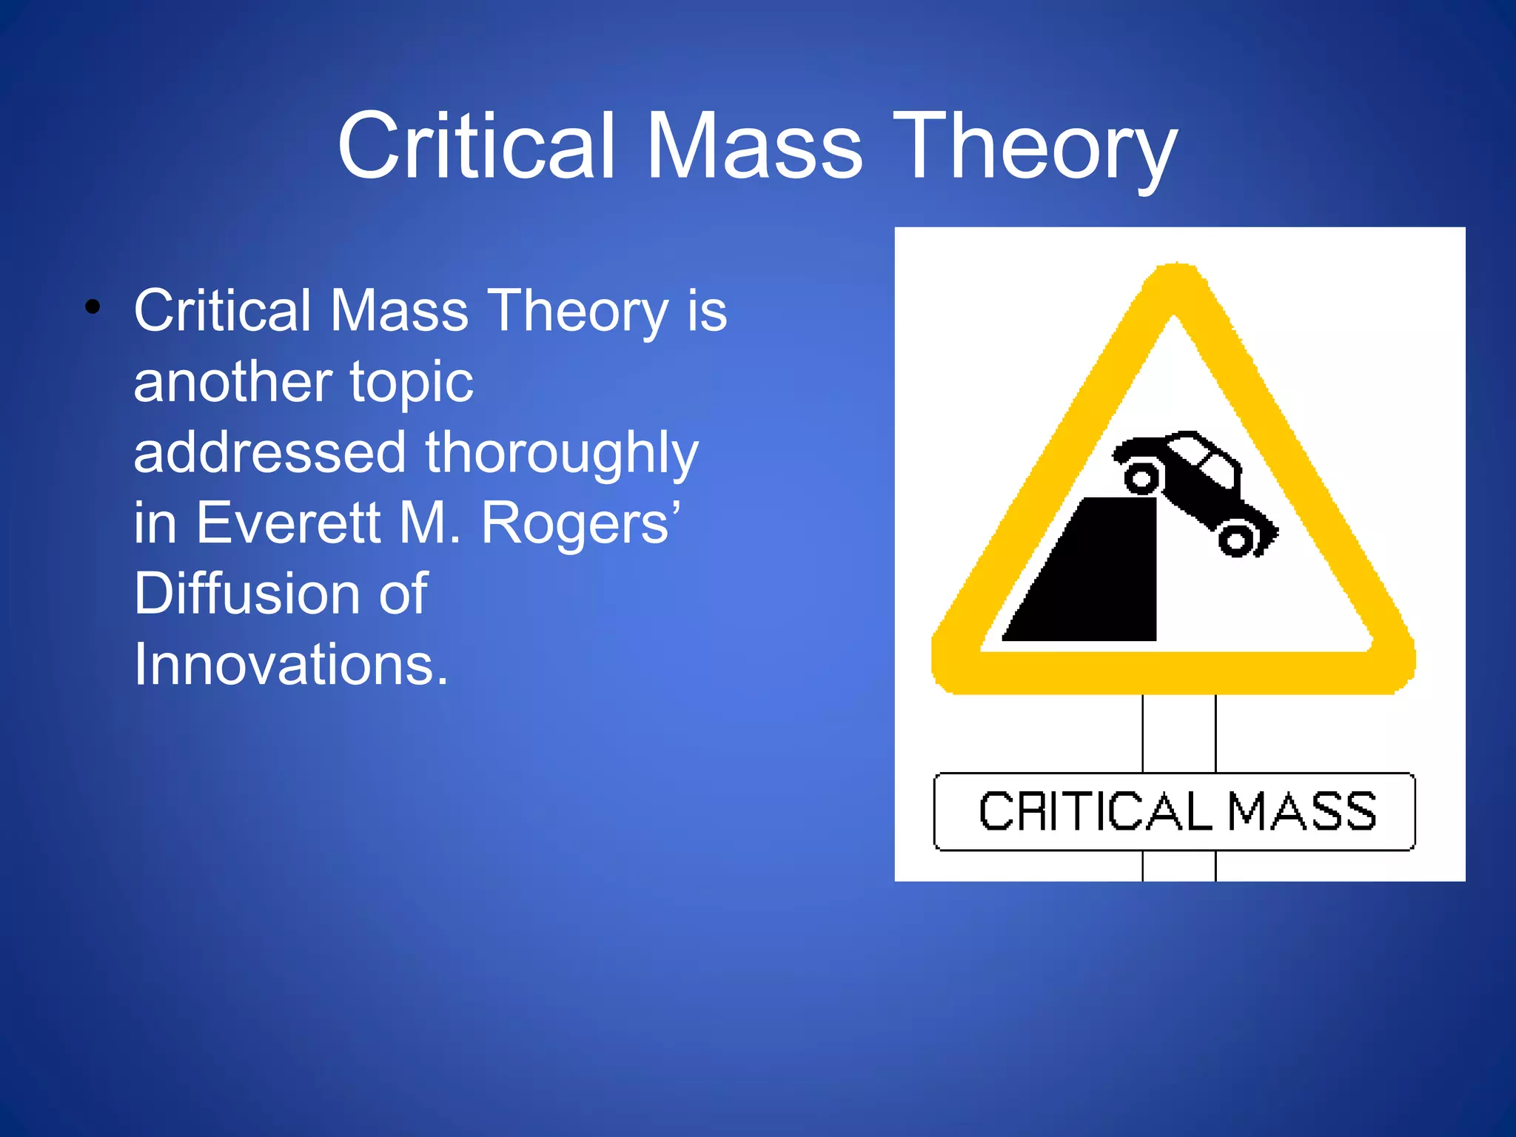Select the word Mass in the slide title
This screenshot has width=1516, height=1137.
(x=754, y=146)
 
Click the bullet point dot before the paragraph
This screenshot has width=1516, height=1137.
(x=92, y=307)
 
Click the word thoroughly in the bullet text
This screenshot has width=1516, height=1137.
(x=561, y=454)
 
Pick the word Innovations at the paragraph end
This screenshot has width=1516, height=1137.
(x=290, y=664)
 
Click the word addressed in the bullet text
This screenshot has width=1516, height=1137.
(x=269, y=453)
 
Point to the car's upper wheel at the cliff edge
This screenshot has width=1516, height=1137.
(x=1142, y=478)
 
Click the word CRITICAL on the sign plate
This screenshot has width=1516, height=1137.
(x=1094, y=812)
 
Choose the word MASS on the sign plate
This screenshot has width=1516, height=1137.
(x=1302, y=812)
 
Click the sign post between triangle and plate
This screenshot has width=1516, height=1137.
(x=1179, y=733)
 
